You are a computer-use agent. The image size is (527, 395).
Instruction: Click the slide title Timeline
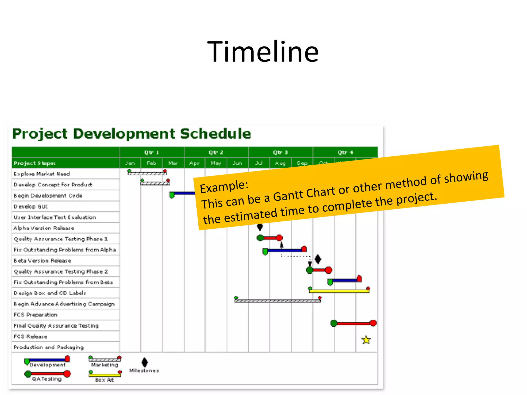tap(263, 52)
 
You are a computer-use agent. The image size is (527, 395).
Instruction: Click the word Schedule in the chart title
tap(215, 134)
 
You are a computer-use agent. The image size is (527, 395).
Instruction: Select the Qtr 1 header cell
tap(152, 152)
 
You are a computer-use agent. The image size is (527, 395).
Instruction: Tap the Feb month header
tap(151, 163)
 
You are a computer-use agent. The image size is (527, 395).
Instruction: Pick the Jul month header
tap(259, 163)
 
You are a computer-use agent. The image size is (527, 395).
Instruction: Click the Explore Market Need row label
tap(42, 174)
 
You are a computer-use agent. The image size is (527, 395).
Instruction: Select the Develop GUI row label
tap(31, 207)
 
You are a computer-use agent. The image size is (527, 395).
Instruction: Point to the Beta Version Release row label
tap(42, 261)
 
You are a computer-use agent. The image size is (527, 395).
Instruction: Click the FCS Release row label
tap(31, 336)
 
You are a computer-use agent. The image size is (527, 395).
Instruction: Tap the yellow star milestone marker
tap(366, 340)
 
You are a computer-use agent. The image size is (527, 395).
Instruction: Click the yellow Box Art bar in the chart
tap(339, 291)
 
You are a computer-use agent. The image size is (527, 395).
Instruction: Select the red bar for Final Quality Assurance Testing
tap(354, 323)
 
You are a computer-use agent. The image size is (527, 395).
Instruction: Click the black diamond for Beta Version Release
tap(318, 259)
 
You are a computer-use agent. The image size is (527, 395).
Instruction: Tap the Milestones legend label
tap(144, 371)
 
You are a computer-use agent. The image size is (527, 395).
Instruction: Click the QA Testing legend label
tap(47, 379)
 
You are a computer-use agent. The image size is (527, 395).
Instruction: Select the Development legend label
tap(48, 365)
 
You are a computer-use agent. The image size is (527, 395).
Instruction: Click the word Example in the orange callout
tap(224, 186)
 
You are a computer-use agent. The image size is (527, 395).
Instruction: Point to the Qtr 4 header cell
tap(345, 152)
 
